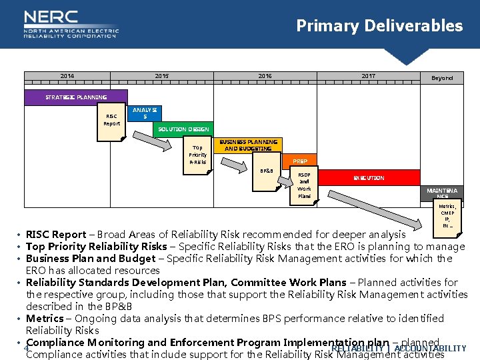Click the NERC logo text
[x=51, y=18]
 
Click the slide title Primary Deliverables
[x=379, y=26]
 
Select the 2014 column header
[x=67, y=76]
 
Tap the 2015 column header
[x=162, y=76]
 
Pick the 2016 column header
[x=265, y=76]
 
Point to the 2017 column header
[x=368, y=76]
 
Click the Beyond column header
[x=441, y=78]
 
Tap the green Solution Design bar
[x=183, y=129]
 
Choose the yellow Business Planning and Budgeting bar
[x=249, y=145]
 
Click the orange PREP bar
[x=299, y=161]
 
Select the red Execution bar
[x=369, y=178]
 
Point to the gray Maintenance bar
[x=442, y=193]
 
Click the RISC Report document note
[x=111, y=119]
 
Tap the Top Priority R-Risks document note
[x=197, y=155]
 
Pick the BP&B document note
[x=266, y=171]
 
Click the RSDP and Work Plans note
[x=304, y=186]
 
